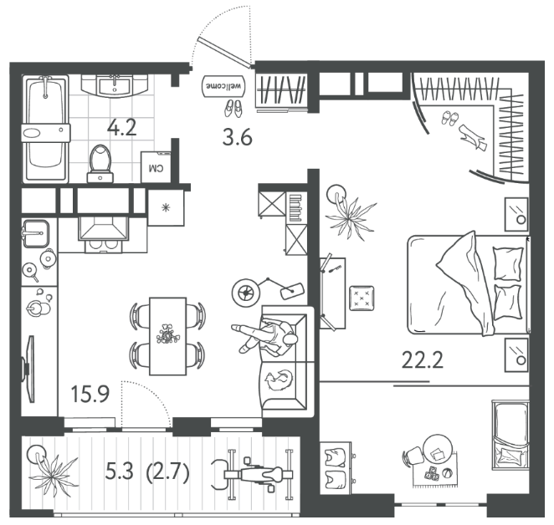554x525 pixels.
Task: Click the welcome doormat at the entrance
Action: point(224,86)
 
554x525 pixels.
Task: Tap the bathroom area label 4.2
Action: point(122,127)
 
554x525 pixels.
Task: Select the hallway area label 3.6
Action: point(237,137)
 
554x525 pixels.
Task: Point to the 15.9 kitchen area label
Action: point(90,394)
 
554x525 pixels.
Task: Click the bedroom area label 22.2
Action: point(423,360)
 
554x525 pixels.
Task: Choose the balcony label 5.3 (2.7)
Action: point(147,471)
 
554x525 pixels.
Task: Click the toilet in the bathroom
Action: point(100,164)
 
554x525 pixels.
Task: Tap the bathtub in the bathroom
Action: point(45,130)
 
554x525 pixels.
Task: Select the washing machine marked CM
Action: point(156,167)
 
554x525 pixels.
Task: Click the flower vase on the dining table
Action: point(168,334)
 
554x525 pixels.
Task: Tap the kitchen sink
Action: point(35,233)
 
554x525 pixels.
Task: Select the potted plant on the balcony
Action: point(51,471)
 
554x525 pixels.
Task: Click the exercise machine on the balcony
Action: point(252,475)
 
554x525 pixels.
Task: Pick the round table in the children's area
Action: point(438,449)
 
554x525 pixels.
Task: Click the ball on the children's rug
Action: point(447,472)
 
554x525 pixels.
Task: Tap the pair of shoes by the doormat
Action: point(233,108)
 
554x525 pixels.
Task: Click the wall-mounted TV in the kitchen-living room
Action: point(29,369)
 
